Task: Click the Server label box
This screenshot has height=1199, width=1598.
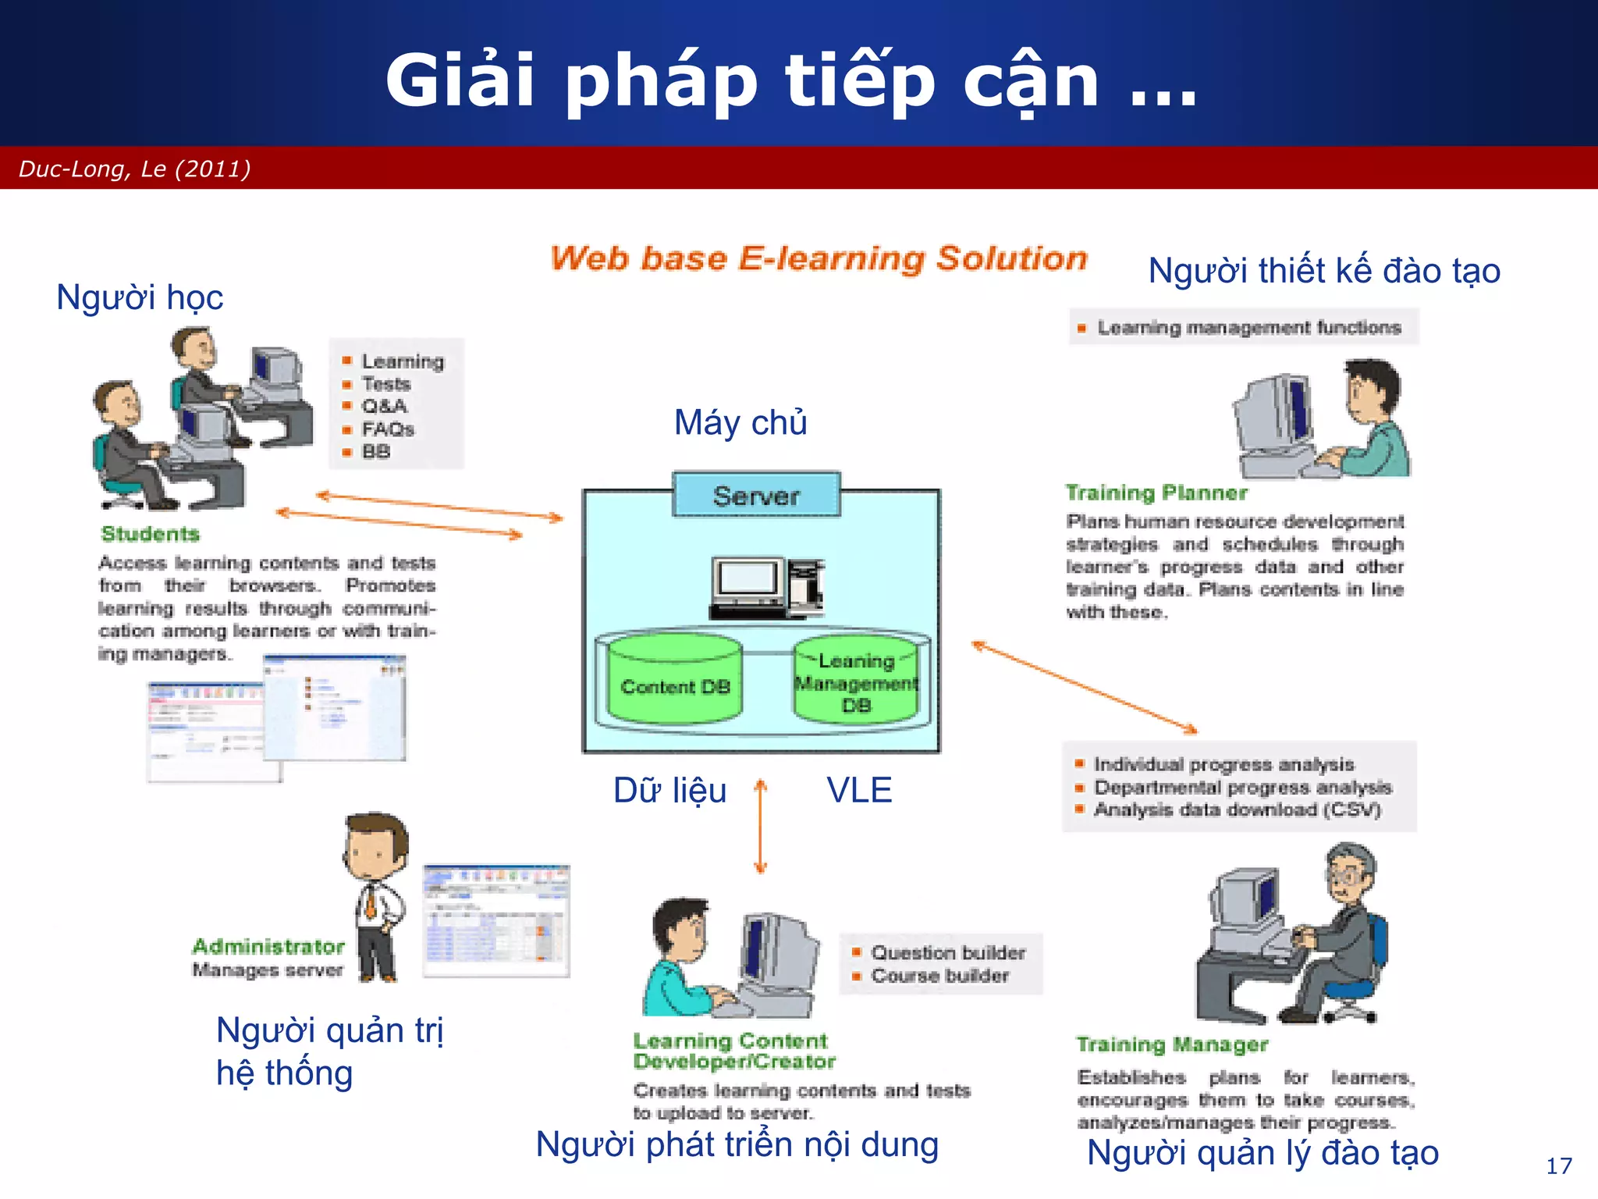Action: pos(756,495)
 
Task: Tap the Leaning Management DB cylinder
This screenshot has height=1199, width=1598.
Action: pos(856,683)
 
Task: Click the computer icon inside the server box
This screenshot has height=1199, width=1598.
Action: pos(766,587)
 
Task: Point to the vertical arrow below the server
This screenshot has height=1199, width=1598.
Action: pos(761,826)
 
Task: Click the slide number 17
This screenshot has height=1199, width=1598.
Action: pos(1558,1166)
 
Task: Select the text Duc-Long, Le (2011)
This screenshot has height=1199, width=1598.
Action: pos(134,169)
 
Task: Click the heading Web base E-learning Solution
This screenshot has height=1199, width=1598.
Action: pos(818,258)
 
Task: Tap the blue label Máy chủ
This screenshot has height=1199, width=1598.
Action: pos(740,422)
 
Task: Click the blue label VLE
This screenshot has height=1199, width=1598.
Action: pos(859,790)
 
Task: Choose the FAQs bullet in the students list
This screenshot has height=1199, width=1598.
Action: pos(387,429)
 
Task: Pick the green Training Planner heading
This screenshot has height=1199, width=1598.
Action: pos(1156,493)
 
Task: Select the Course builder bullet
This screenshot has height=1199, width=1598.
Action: pos(939,976)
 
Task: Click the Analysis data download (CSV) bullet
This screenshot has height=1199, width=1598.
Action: pos(1236,809)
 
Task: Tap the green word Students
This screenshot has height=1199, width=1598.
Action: pos(151,534)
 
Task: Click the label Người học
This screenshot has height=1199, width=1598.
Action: pos(140,297)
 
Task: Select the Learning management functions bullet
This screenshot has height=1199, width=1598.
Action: pos(1248,328)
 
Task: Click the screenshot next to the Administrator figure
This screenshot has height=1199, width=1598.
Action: pos(496,920)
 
